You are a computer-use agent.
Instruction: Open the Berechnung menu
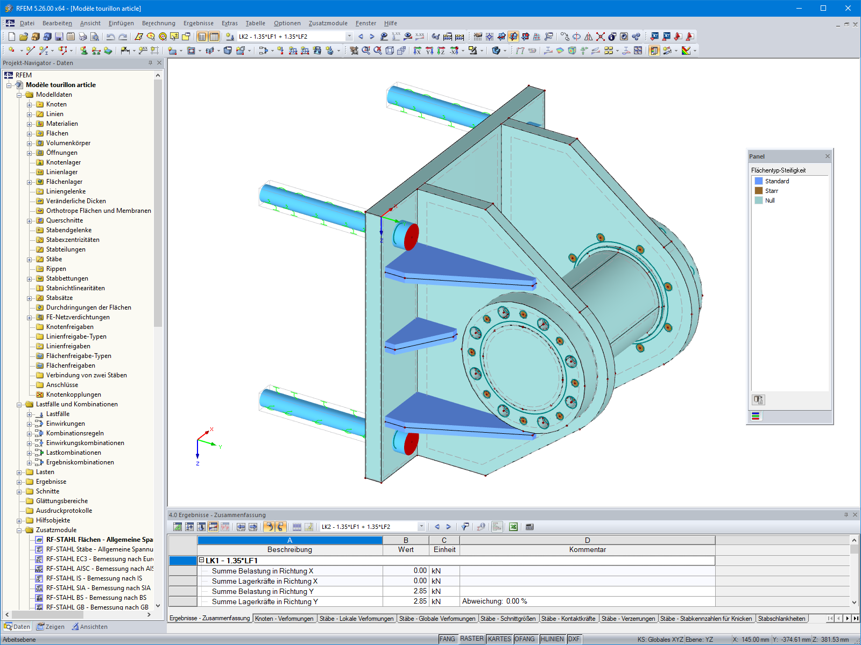(158, 23)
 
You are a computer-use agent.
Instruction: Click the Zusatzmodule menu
(328, 23)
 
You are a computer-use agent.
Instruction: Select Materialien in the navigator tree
(62, 124)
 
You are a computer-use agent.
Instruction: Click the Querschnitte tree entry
(65, 220)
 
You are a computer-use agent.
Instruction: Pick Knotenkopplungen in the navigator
(73, 395)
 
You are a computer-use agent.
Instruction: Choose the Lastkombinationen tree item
(73, 453)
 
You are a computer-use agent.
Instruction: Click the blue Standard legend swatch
(759, 181)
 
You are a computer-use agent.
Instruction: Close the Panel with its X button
(828, 156)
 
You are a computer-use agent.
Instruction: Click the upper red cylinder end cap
(411, 237)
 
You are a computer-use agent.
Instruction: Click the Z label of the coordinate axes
(197, 463)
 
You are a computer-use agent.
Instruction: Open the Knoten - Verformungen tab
(284, 619)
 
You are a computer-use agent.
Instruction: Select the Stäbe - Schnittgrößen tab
(507, 619)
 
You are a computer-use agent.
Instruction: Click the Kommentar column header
(587, 549)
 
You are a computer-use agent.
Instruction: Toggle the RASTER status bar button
(471, 639)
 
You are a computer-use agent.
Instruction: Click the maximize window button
(823, 8)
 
